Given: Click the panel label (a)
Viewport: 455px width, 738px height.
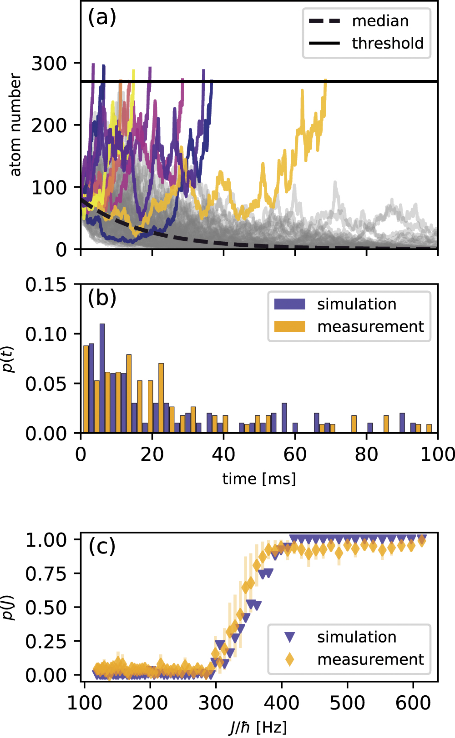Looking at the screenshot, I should coord(102,18).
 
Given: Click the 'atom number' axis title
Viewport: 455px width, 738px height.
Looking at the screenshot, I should coord(15,125).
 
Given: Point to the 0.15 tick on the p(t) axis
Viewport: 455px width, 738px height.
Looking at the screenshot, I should coord(45,285).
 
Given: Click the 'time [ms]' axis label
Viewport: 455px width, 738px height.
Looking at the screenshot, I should coord(259,479).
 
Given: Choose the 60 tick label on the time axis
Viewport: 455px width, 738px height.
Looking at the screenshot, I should coord(295,454).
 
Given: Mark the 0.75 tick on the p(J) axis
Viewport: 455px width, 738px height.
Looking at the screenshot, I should coord(46,574).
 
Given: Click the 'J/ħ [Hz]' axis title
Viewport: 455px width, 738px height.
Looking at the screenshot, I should coord(258,727).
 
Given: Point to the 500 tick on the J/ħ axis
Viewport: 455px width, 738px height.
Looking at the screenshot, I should coord(347,703).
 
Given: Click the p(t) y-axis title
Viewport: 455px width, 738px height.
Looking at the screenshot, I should coord(9,359).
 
